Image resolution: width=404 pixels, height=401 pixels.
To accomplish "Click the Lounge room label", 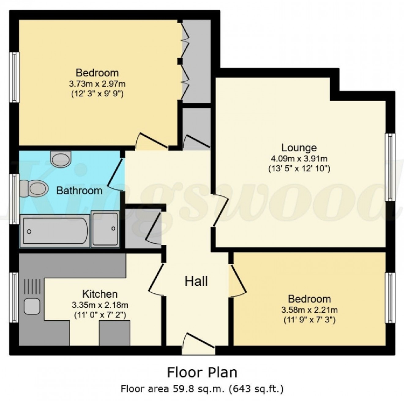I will (x=299, y=148).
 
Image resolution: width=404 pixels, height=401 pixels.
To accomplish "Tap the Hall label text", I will (x=196, y=281).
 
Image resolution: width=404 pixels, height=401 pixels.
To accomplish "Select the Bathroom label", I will (x=79, y=191).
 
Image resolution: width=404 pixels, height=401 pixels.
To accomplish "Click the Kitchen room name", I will (x=100, y=294).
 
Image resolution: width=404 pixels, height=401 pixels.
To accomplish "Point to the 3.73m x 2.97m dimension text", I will (x=97, y=83).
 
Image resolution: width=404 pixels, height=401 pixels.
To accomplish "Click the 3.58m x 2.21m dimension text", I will (x=309, y=310).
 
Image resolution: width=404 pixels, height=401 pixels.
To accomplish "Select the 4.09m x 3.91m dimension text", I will (x=299, y=158).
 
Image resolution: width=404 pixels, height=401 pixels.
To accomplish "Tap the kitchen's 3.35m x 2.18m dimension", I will (x=100, y=305).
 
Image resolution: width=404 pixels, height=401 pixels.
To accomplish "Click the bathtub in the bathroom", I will (x=55, y=230).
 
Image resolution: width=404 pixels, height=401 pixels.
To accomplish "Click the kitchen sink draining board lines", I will (x=32, y=287).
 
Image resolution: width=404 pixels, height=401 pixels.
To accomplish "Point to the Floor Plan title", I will (x=202, y=373).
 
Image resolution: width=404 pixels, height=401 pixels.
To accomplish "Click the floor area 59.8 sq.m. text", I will (x=202, y=389).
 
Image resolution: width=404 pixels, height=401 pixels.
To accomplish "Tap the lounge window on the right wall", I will (x=390, y=167).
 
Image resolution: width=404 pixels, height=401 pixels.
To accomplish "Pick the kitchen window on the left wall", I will (x=14, y=298).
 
